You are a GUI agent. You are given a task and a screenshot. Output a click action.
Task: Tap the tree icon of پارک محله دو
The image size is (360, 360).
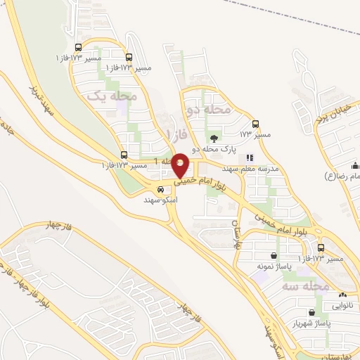pyautogui.click(x=214, y=138)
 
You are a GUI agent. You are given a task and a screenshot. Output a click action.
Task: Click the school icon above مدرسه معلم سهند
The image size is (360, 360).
pyautogui.click(x=249, y=159)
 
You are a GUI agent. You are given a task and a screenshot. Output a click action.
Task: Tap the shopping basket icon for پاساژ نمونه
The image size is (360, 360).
pyautogui.click(x=273, y=255)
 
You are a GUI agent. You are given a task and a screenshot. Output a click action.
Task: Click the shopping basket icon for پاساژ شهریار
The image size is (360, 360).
pyautogui.click(x=311, y=312)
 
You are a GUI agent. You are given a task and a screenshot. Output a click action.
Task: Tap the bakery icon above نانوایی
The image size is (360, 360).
pyautogui.click(x=342, y=295)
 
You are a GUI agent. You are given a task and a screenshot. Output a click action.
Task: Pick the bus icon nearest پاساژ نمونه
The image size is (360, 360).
pyautogui.click(x=321, y=248)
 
